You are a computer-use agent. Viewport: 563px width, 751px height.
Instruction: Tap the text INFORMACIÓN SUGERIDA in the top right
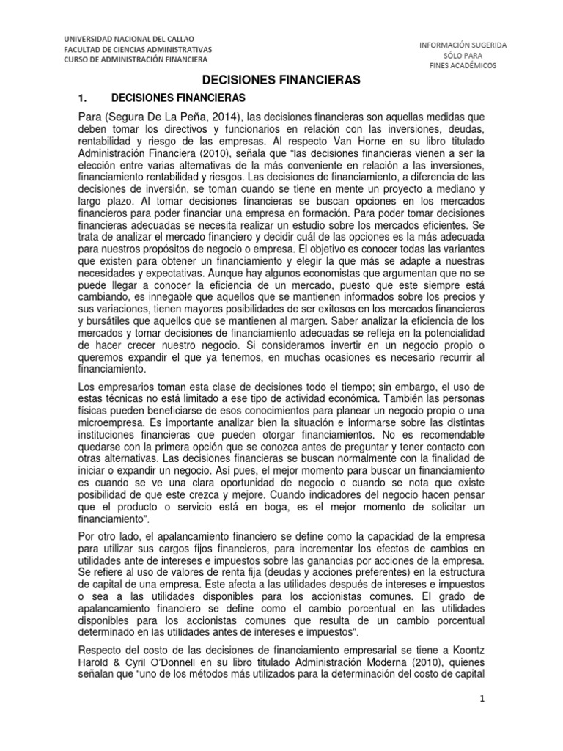pos(462,44)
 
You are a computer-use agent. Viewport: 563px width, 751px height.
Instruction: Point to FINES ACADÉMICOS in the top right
pos(462,65)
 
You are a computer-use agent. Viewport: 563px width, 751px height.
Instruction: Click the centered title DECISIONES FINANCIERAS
pos(281,81)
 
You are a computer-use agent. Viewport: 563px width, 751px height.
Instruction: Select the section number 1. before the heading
pos(83,98)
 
